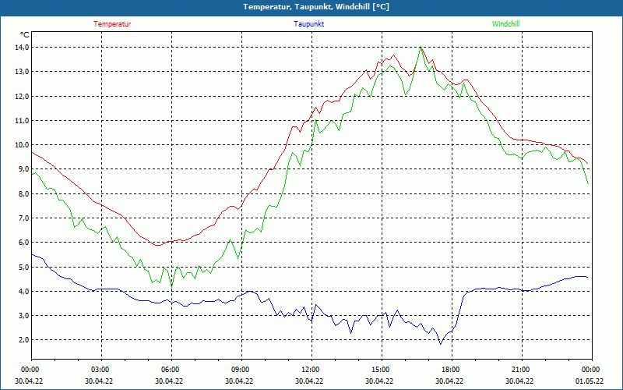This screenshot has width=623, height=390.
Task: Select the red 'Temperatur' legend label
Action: pyautogui.click(x=112, y=24)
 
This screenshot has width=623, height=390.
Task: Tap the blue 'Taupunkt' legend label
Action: pyautogui.click(x=309, y=24)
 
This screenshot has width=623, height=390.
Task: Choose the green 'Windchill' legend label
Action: pyautogui.click(x=505, y=24)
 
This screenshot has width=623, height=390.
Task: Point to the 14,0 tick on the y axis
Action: pyautogui.click(x=21, y=48)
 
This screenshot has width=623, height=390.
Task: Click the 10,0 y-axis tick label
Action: pyautogui.click(x=21, y=145)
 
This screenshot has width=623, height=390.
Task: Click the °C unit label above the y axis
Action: pyautogui.click(x=25, y=35)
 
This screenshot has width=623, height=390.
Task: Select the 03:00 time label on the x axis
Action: pyautogui.click(x=100, y=369)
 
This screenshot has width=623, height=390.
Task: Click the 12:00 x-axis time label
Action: pyautogui.click(x=310, y=369)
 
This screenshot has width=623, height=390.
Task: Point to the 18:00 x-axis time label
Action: pyautogui.click(x=450, y=369)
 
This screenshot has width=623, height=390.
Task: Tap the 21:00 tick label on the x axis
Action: pyautogui.click(x=520, y=369)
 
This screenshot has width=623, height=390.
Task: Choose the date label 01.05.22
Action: pyautogui.click(x=589, y=381)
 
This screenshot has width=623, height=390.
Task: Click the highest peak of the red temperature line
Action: pyautogui.click(x=421, y=48)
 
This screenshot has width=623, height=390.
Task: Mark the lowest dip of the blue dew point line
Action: pyautogui.click(x=440, y=343)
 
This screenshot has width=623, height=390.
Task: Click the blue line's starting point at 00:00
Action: pyautogui.click(x=32, y=254)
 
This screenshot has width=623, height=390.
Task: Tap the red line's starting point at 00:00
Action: pyautogui.click(x=32, y=152)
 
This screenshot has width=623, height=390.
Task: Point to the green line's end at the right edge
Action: pyautogui.click(x=587, y=183)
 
